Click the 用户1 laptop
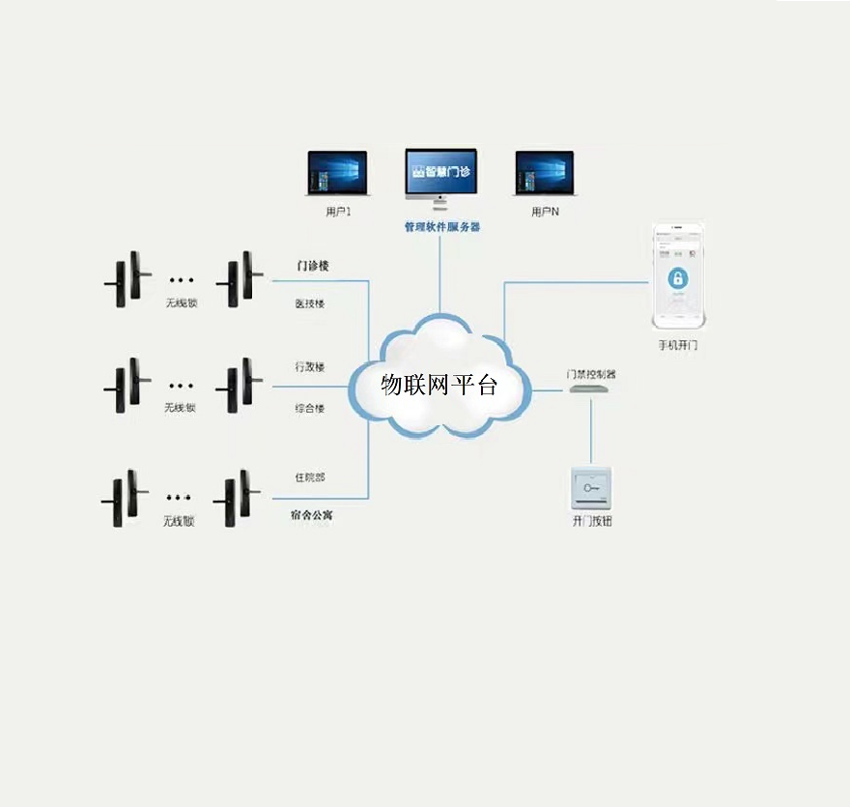tap(337, 175)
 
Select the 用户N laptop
tap(545, 175)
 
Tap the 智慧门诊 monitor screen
tap(440, 172)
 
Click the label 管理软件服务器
tap(441, 227)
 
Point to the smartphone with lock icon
tap(677, 278)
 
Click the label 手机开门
tap(677, 344)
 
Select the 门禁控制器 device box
tap(589, 389)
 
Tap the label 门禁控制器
tap(590, 373)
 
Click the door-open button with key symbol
tap(592, 487)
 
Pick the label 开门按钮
tap(592, 521)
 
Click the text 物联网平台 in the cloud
tap(439, 386)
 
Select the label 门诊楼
tap(312, 266)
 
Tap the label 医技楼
tap(309, 303)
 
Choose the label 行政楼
tap(309, 367)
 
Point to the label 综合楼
tap(309, 408)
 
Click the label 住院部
tap(309, 477)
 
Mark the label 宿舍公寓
tap(312, 516)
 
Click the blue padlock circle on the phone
tap(678, 279)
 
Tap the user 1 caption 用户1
tap(338, 211)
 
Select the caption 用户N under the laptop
tap(545, 211)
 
